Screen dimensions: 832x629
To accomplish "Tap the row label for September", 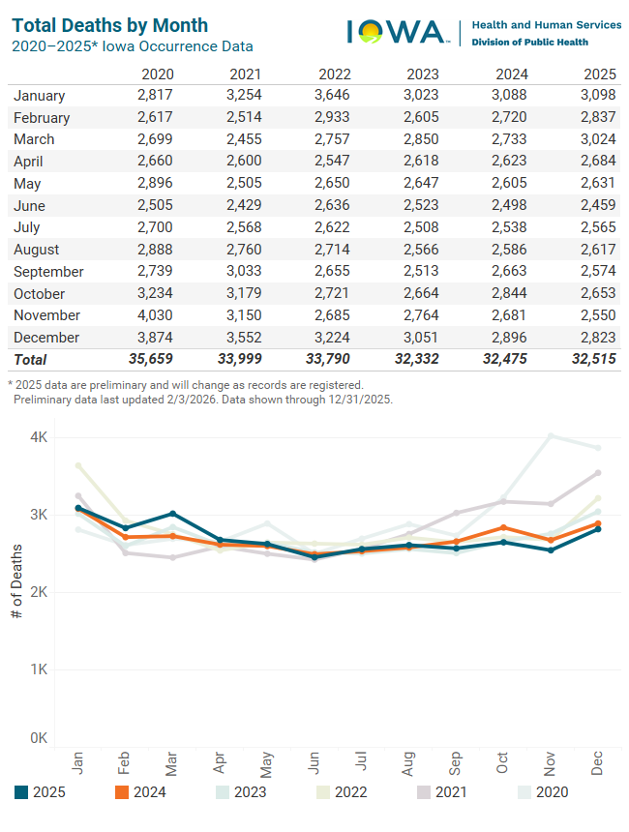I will (48, 272).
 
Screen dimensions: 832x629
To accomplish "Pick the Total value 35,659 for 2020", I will (152, 360).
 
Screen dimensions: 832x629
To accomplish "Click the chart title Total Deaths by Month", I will (109, 25).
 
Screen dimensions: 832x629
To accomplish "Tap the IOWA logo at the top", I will (397, 32).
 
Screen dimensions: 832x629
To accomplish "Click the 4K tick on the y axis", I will (39, 437).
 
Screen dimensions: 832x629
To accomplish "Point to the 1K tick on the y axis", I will (39, 669).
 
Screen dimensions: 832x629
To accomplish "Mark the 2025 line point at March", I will (172, 514).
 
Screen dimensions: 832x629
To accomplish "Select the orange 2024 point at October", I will (503, 527).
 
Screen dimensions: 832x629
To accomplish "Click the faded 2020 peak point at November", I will (551, 435).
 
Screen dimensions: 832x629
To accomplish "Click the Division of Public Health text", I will (529, 43).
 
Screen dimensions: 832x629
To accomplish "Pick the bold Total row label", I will (29, 360).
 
